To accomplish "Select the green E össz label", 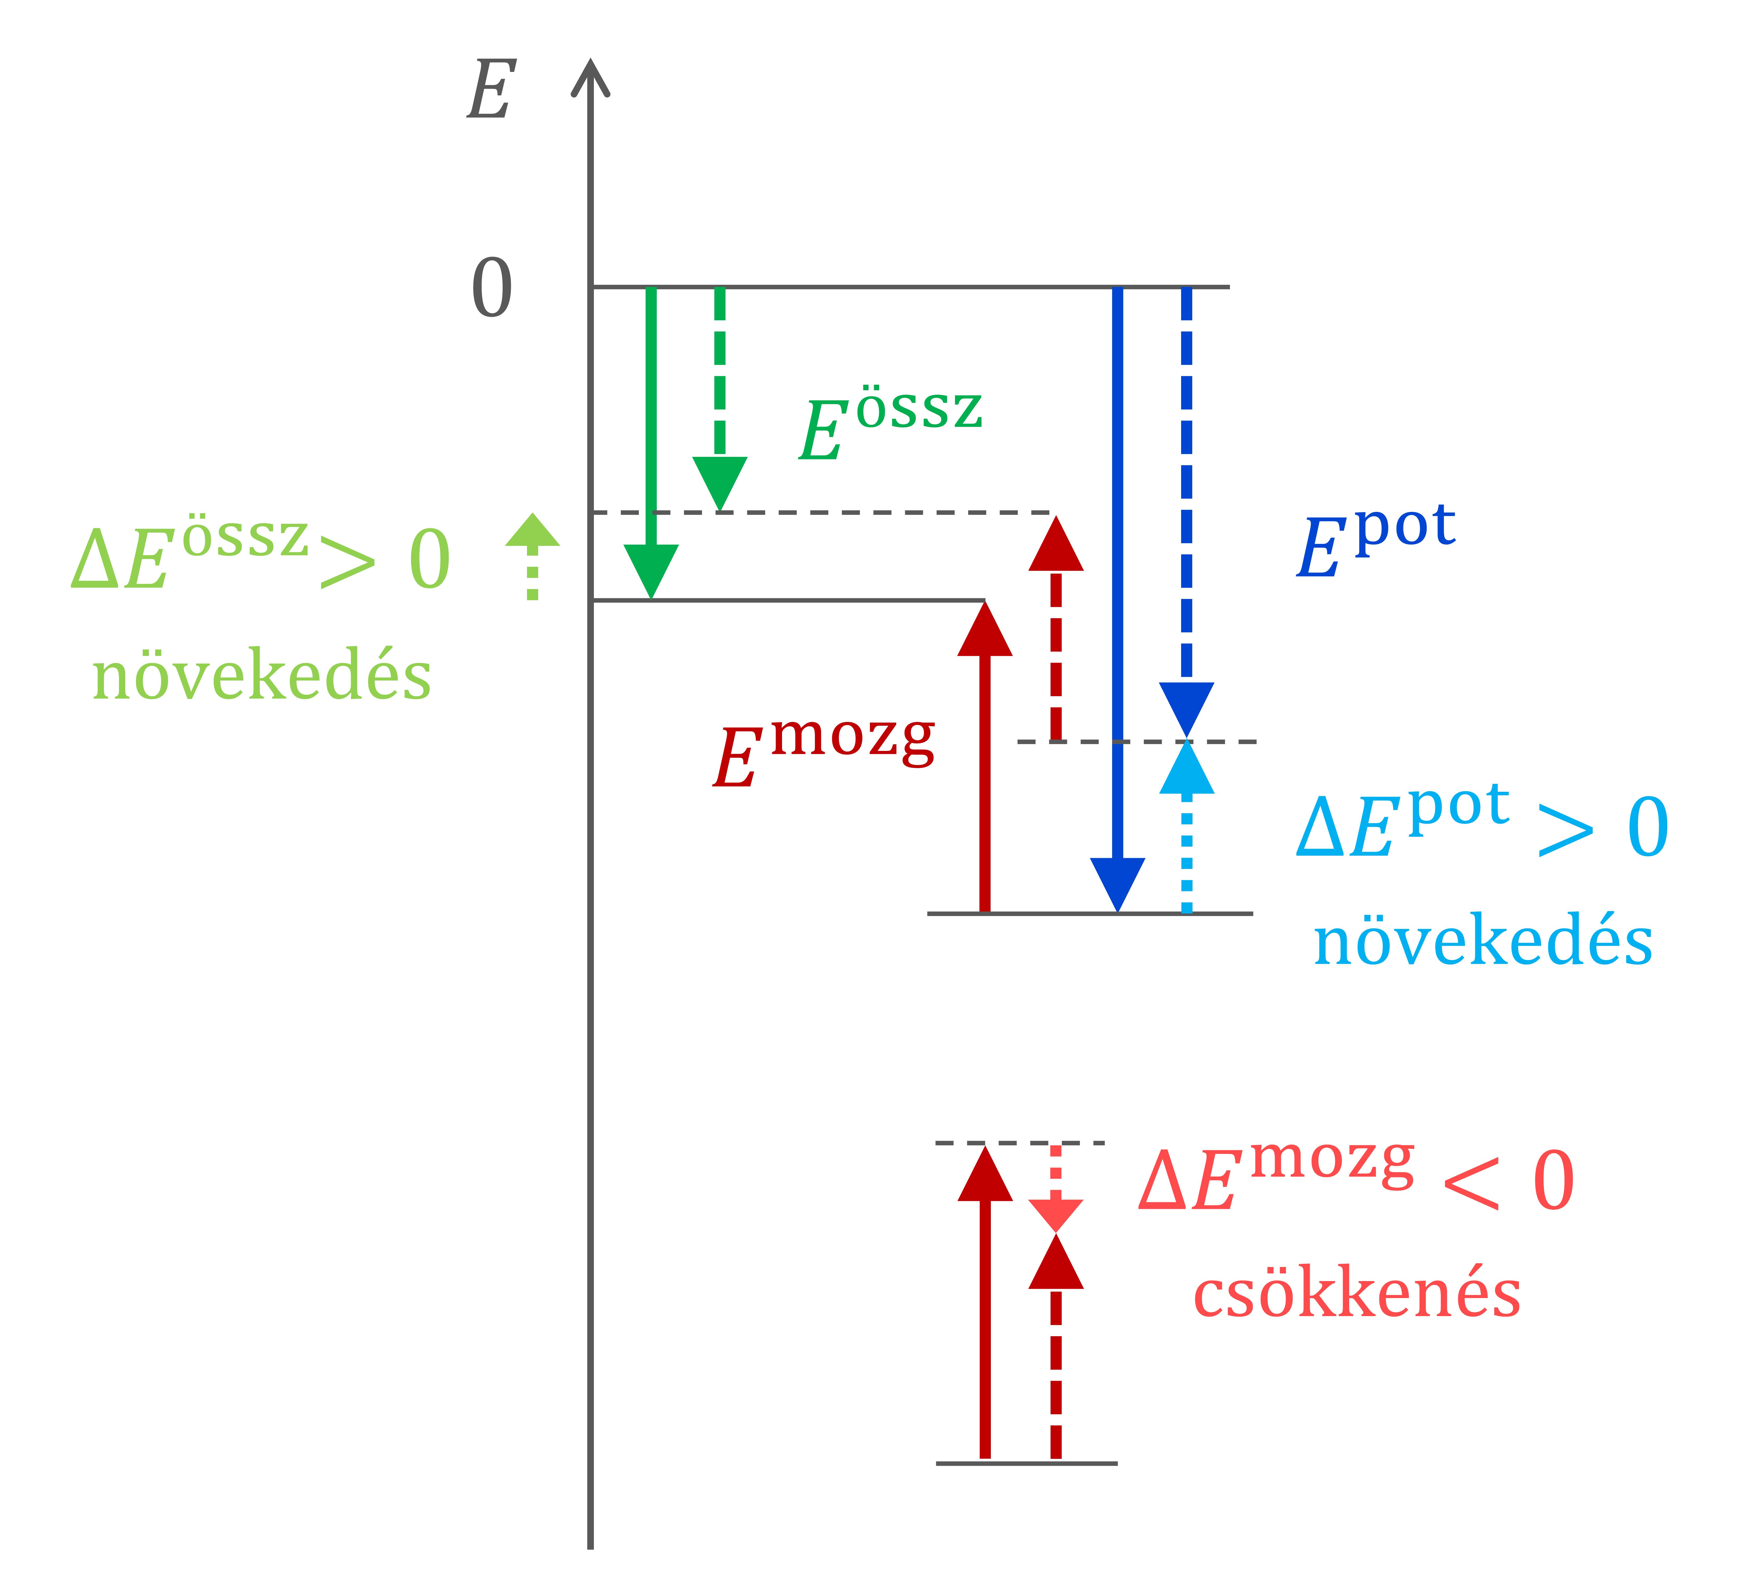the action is coord(891,424).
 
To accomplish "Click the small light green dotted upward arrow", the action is coord(533,556).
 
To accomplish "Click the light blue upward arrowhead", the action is coord(1186,767).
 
